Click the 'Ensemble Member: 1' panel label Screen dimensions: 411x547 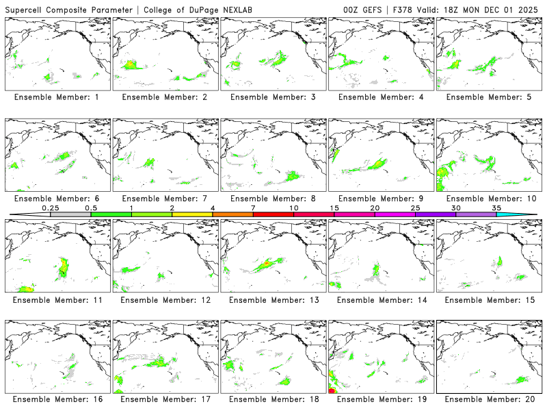[x=57, y=97]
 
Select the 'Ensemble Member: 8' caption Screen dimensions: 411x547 [x=272, y=199]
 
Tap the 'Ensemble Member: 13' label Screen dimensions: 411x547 [x=272, y=299]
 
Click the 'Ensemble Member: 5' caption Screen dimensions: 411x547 [x=488, y=97]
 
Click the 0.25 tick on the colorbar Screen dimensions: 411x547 [x=50, y=208]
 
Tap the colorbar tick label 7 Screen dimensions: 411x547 [x=254, y=208]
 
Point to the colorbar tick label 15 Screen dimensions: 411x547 [x=334, y=208]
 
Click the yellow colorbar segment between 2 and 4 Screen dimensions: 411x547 [x=192, y=214]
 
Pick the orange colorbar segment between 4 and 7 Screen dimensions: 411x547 [x=233, y=214]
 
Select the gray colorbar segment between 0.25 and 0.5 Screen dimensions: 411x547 [x=70, y=214]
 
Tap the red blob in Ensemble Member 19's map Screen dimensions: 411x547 [x=332, y=391]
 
